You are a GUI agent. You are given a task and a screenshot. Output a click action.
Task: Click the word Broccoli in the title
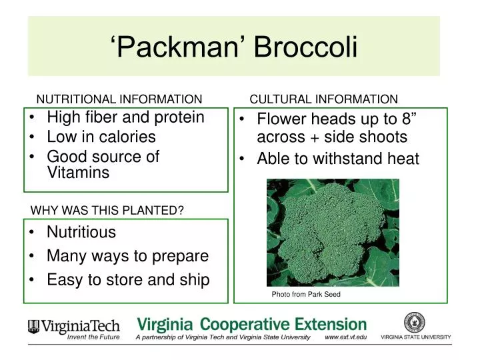point(306,47)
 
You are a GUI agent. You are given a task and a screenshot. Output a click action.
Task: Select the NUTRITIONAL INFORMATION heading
point(119,99)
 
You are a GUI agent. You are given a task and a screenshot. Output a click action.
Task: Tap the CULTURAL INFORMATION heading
point(323,99)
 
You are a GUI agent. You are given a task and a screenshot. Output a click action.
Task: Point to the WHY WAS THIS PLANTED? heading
point(107,211)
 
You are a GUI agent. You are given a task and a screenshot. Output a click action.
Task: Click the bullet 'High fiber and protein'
point(125,117)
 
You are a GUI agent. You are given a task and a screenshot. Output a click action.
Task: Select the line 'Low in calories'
point(101,137)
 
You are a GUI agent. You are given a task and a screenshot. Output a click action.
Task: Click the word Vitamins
point(78,173)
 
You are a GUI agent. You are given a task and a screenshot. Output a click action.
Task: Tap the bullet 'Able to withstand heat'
point(338,159)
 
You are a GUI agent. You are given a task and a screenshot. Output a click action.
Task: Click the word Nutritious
point(81,233)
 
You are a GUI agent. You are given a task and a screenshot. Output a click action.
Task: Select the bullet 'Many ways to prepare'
point(127,256)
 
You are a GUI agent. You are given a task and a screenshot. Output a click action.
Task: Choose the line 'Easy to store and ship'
point(128,280)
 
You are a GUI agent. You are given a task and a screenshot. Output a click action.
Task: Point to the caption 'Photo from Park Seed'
point(306,294)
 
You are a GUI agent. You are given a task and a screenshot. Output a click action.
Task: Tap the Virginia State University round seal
point(415,323)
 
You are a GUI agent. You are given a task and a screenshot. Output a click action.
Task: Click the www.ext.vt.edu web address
point(345,338)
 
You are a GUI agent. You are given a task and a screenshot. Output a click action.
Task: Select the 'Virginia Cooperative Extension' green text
point(251,325)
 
